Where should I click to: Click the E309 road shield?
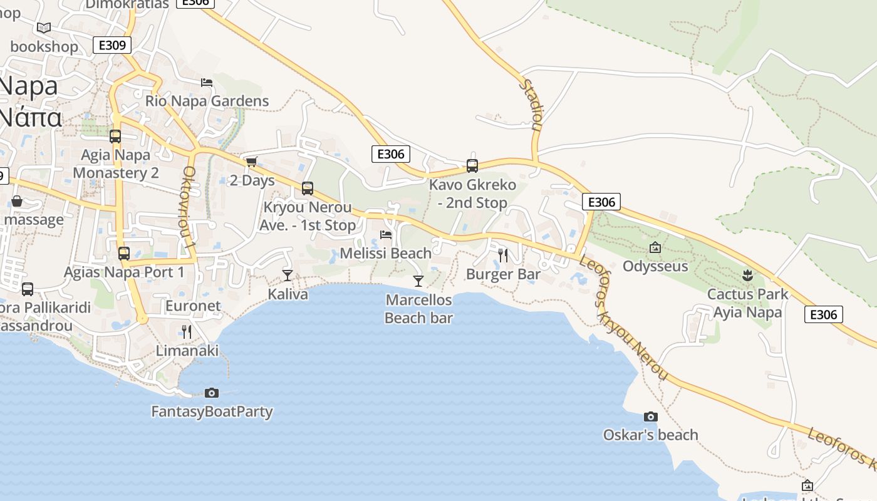pos(112,44)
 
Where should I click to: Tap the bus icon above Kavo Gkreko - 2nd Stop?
pos(472,166)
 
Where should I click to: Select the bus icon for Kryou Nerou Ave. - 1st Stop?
pos(308,189)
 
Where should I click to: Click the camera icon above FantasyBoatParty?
pos(212,393)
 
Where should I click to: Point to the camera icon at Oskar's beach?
pos(651,416)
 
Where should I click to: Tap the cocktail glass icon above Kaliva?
pos(288,275)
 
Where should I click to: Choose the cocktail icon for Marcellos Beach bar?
pos(418,281)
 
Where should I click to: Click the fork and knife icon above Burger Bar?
pos(503,256)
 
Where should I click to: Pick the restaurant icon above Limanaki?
pos(187,331)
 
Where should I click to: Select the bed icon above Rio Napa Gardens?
pos(207,82)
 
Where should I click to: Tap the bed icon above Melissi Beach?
pos(386,235)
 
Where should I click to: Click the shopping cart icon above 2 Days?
pos(252,162)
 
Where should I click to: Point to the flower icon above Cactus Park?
pos(747,274)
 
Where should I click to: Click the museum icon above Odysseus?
pos(655,247)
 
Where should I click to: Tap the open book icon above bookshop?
pos(44,28)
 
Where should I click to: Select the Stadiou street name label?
pos(532,105)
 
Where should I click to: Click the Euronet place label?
pos(193,306)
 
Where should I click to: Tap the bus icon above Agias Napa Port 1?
pos(124,254)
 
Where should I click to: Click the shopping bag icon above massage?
pos(17,201)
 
